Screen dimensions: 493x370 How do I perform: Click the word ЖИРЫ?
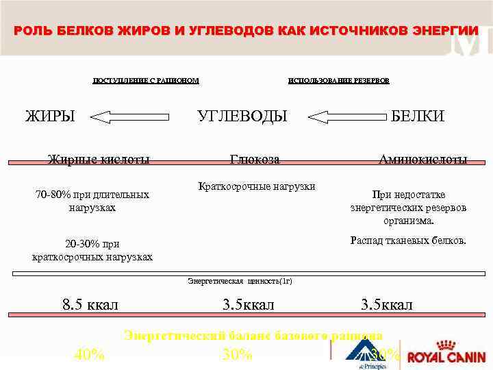[x=50, y=116]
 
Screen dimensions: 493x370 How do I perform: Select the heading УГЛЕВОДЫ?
[x=242, y=116]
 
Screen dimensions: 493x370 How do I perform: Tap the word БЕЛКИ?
[x=418, y=116]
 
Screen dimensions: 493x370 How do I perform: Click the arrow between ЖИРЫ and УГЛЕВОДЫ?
[x=130, y=117]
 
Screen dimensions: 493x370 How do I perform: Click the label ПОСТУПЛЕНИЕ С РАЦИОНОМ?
[x=146, y=81]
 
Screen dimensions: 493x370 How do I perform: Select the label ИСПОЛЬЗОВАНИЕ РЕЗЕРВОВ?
[x=339, y=81]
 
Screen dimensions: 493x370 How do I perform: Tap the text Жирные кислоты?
[x=99, y=160]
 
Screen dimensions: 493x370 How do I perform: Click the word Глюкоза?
[x=255, y=160]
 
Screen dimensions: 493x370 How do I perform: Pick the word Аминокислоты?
[x=423, y=160]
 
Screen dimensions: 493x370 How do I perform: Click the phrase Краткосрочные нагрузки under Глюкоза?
[x=256, y=186]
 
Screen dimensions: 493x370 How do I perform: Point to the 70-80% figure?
[x=52, y=195]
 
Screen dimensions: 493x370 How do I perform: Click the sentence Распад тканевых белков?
[x=408, y=240]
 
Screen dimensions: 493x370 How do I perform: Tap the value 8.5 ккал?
[x=90, y=304]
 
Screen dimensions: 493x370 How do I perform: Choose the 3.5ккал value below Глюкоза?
[x=248, y=304]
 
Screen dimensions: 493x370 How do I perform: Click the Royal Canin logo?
[x=446, y=356]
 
